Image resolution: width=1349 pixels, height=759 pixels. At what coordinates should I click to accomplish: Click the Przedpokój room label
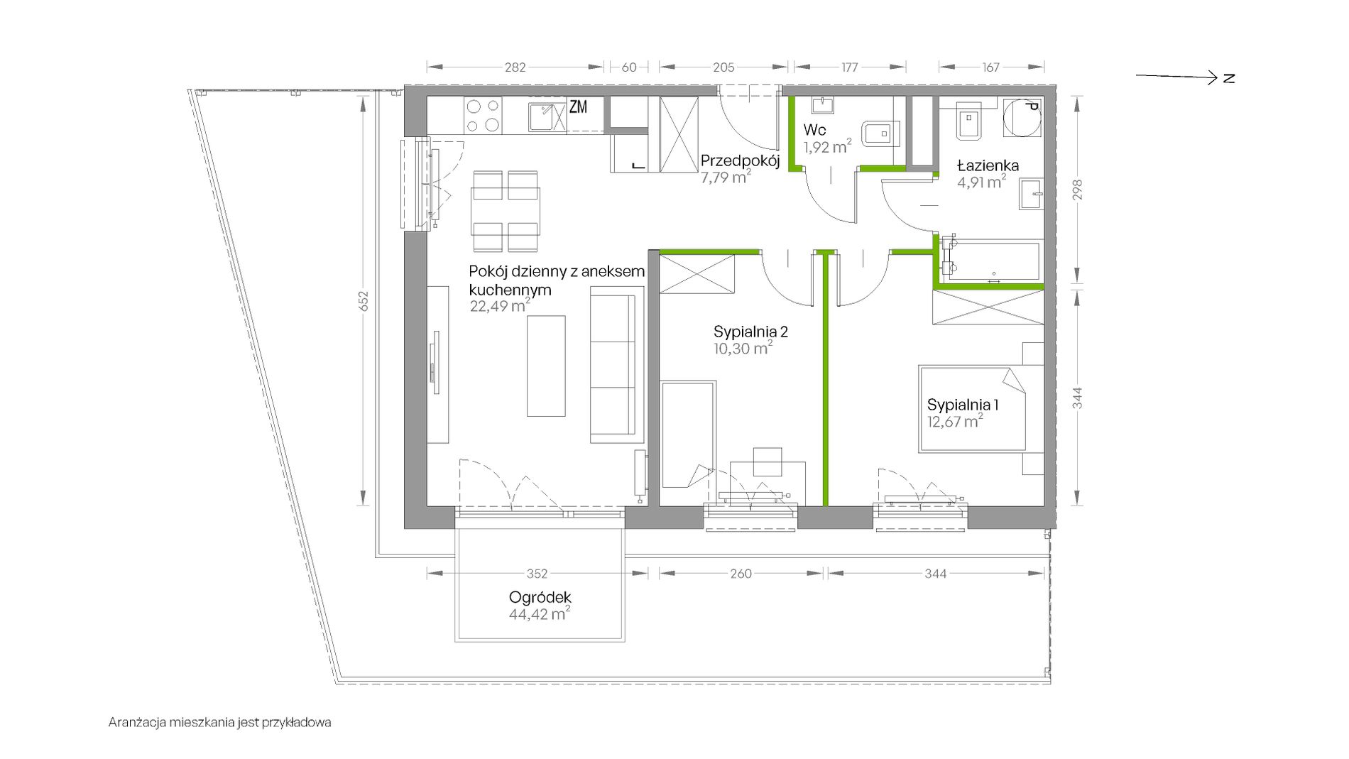coord(740,160)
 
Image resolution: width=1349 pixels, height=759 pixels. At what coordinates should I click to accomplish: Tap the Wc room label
coord(814,131)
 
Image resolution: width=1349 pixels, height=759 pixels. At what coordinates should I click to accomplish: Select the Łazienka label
coord(988,165)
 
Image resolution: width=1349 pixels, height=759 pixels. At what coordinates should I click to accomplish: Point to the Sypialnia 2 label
coord(750,332)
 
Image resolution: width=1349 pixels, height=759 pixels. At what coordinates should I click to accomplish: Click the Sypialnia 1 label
coord(963,405)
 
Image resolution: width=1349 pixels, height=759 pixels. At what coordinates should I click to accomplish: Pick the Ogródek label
coord(540,598)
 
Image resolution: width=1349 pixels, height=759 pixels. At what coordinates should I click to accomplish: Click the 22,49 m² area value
coord(500,306)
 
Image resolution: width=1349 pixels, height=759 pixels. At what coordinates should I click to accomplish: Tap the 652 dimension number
coord(364,301)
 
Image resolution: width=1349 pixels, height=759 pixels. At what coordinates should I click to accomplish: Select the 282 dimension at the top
coord(515,67)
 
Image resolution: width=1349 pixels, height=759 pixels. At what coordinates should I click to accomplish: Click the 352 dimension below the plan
coord(537,574)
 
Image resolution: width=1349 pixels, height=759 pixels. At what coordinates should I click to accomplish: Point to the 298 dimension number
coord(1078,190)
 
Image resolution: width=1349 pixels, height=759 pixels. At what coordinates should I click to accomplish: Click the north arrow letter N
coord(1229,78)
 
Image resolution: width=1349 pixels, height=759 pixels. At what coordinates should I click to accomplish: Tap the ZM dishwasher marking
coord(578,107)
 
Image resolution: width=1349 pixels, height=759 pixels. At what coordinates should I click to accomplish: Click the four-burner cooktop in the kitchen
coord(483,116)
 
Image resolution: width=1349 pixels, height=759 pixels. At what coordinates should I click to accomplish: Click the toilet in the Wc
coord(880,132)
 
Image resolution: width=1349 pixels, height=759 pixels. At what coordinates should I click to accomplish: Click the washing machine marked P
coord(1021,116)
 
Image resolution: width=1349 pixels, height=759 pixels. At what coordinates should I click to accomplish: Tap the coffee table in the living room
coord(546,366)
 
